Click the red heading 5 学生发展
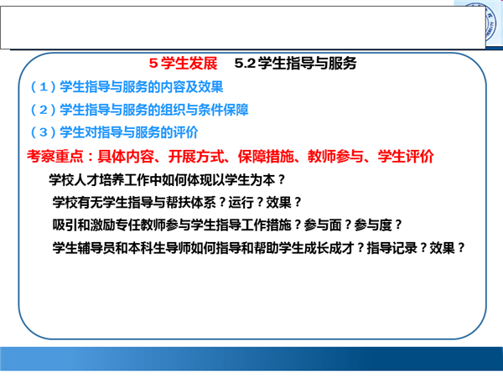point(183,63)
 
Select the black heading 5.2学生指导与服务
point(295,63)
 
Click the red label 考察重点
point(55,157)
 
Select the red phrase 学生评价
point(406,157)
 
